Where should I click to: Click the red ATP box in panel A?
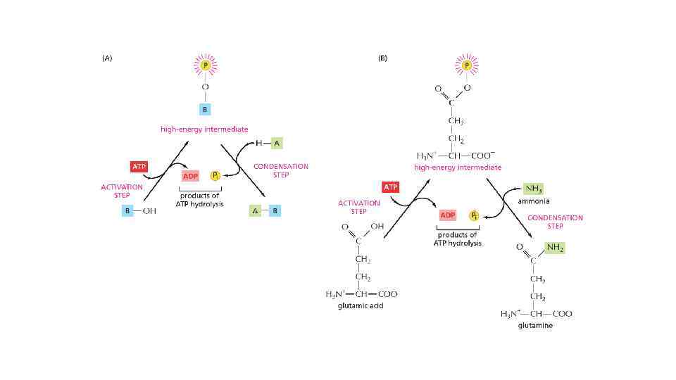(x=139, y=167)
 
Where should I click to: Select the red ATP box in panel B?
(x=391, y=187)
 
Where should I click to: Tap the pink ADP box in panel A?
(x=191, y=176)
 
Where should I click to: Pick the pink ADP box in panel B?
(x=448, y=215)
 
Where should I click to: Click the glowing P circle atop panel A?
(x=205, y=65)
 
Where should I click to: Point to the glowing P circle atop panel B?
(x=466, y=65)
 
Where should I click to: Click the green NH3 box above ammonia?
(x=533, y=189)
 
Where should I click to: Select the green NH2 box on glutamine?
(x=555, y=248)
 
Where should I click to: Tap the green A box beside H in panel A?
(x=276, y=143)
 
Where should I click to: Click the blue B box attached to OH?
(x=128, y=211)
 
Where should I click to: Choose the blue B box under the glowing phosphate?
(x=205, y=109)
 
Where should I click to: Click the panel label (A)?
(x=107, y=59)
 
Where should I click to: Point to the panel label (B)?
(x=382, y=59)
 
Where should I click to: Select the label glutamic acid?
(x=356, y=306)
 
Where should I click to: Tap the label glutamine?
(x=535, y=325)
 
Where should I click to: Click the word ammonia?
(x=534, y=201)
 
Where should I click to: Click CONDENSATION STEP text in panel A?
(x=280, y=170)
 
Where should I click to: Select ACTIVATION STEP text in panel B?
(x=358, y=207)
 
